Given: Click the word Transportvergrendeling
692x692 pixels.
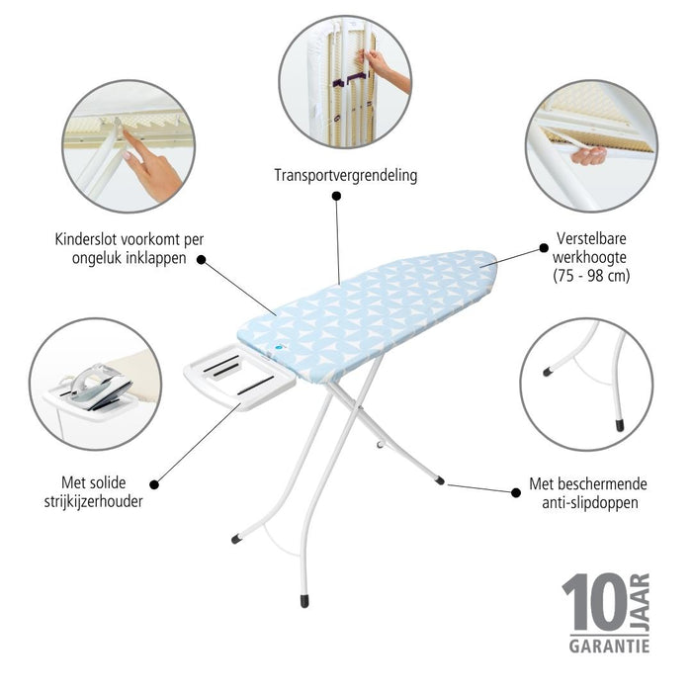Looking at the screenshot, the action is pos(346,176).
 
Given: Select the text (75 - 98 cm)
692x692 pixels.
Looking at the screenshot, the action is pos(591,276).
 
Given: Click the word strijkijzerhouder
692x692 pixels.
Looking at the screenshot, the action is pos(94,502).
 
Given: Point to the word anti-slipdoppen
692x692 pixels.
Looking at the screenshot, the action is pos(590,502).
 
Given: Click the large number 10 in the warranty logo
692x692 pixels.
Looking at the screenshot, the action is pos(594,602).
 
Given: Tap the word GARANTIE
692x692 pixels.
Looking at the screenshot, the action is pos(609,647).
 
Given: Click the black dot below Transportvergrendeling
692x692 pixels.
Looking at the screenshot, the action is pos(336,196).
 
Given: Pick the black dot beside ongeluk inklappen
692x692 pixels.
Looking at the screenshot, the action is pos(202,259).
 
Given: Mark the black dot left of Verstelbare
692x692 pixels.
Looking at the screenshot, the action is pos(544,248).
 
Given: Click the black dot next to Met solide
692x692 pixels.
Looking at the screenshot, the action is pos(154,484).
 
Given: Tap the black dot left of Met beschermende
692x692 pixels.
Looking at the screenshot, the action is pos(515,492).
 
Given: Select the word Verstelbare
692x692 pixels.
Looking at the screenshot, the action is pos(591,239).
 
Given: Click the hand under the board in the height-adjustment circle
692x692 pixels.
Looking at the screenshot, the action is pos(589,156).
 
